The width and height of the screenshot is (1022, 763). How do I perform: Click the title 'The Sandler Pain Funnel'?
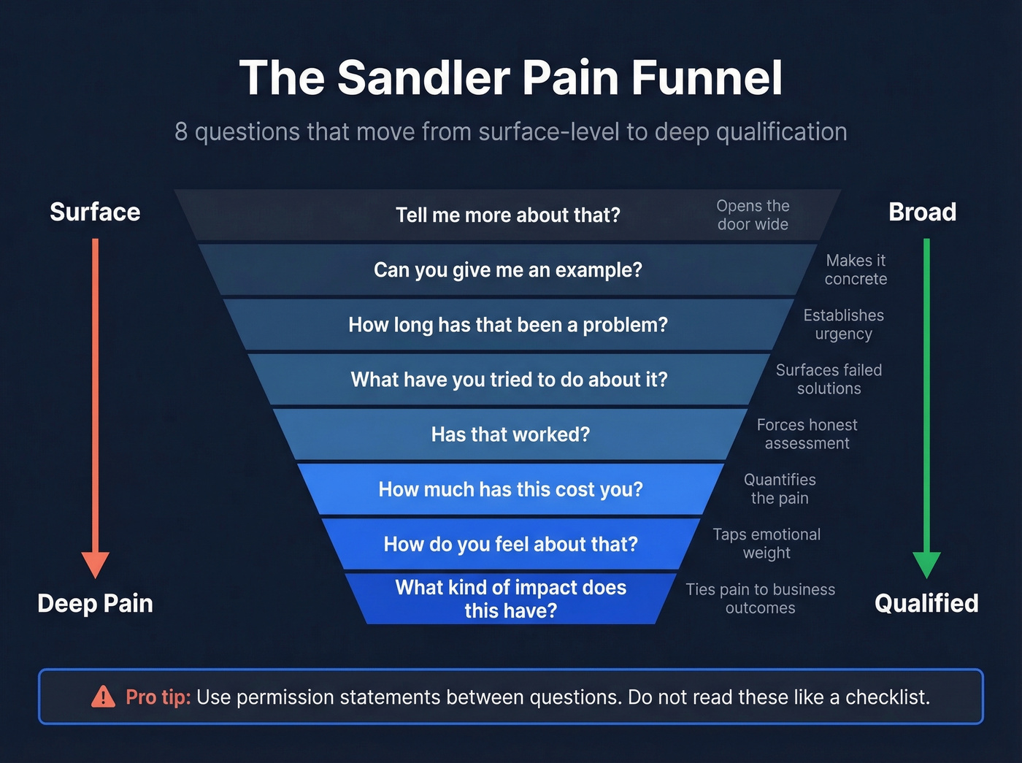510,77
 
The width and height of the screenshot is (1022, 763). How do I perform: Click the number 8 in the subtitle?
181,132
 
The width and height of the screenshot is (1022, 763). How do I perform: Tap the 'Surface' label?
95,212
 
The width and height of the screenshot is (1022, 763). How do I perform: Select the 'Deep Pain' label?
95,603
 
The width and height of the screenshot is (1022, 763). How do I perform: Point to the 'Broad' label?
922,212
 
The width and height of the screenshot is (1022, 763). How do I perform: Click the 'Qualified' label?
926,603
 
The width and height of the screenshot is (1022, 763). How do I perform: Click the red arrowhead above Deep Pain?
95,564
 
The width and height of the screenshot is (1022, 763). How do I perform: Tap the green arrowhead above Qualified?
926,564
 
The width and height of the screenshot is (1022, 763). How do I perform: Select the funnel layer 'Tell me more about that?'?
508,215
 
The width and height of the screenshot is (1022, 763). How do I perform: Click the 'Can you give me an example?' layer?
508,270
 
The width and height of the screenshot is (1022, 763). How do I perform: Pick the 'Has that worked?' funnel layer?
510,434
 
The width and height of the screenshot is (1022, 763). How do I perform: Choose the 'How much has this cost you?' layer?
510,489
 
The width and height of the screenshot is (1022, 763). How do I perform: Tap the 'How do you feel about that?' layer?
510,544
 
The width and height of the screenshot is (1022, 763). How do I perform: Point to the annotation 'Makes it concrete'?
856,269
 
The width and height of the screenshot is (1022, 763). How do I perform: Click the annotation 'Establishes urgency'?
843,324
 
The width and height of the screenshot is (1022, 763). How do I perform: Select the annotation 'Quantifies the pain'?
780,488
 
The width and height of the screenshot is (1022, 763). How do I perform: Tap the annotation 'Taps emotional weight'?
766,543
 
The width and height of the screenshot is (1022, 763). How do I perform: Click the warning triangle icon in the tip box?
103,697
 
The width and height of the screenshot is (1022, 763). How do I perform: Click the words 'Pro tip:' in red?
158,697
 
